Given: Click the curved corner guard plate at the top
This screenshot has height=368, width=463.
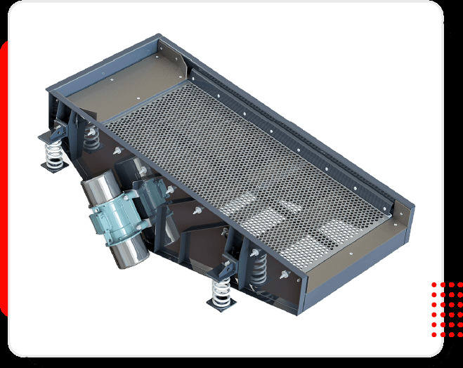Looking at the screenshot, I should tap(176, 56).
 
